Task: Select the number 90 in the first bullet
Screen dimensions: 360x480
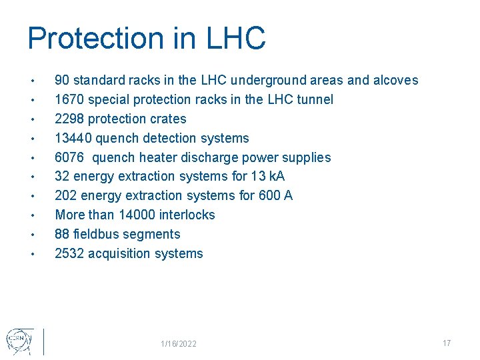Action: [x=62, y=81]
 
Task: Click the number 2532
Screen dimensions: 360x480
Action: [x=69, y=254]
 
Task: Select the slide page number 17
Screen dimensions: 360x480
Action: [x=447, y=343]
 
